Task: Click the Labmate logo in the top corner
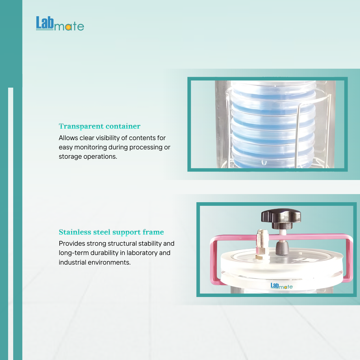(x=60, y=23)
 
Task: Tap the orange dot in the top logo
(x=68, y=27)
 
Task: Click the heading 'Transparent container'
(x=100, y=126)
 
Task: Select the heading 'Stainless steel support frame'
(x=111, y=232)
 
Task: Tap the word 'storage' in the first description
(x=70, y=157)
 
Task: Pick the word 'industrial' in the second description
(x=73, y=262)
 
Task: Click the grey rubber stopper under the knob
(x=282, y=247)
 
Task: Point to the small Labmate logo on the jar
(x=281, y=286)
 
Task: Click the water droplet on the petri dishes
(x=264, y=162)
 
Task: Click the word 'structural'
(x=122, y=244)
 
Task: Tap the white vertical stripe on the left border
(x=10, y=224)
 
